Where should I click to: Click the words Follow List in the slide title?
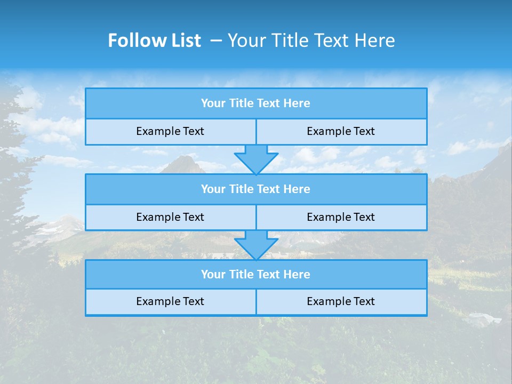coord(154,41)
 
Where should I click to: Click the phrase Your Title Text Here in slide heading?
coord(311,41)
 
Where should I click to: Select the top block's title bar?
coord(256,103)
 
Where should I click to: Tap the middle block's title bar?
coord(256,189)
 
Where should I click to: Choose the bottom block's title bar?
coord(256,275)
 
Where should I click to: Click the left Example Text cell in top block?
coord(170,132)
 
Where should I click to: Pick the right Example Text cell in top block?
coord(341,132)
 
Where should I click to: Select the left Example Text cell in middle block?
coord(170,218)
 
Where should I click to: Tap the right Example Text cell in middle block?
coord(341,218)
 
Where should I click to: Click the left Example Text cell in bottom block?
coord(170,302)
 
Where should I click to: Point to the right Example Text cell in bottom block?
coord(341,302)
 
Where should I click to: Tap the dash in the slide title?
coord(216,41)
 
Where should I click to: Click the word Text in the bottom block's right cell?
coord(364,302)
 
